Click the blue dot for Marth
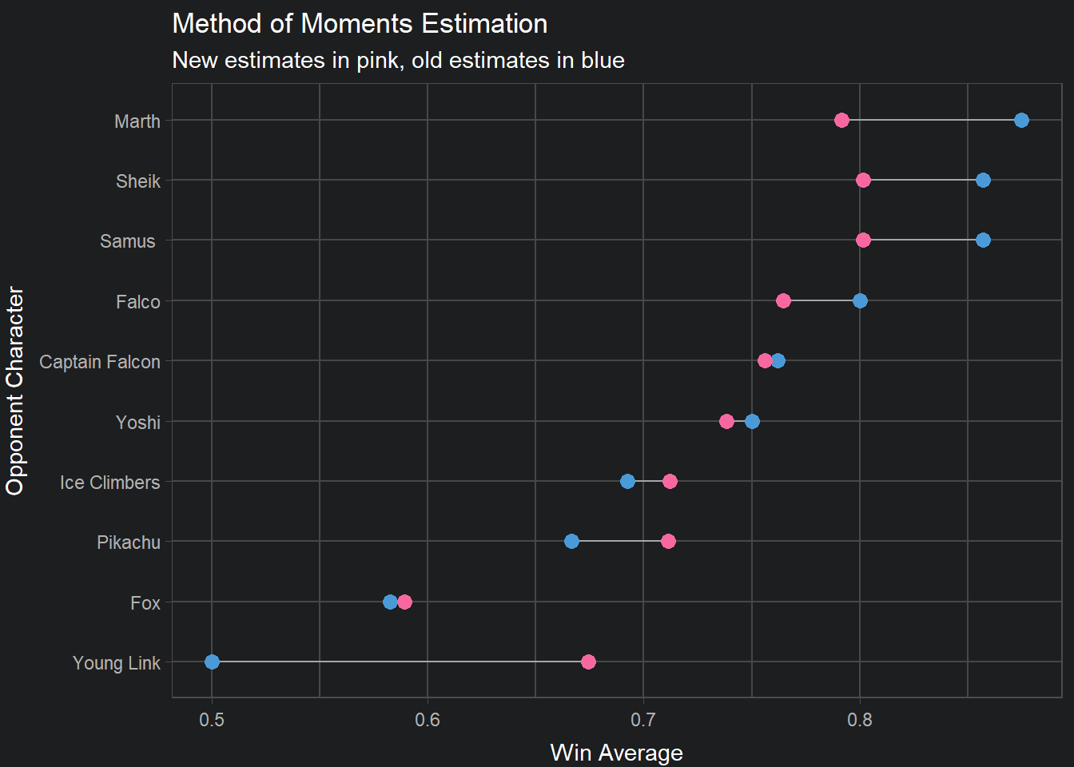1021,121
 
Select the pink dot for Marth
841,121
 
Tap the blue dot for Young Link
212,662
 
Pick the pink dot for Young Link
588,662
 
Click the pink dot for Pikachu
668,542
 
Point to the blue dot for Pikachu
571,542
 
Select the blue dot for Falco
860,301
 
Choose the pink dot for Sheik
863,181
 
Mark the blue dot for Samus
983,240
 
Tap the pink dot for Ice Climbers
670,481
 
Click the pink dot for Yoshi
726,421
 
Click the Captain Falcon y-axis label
100,362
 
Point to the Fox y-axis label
145,603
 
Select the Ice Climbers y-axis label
110,483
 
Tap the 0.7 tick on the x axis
643,720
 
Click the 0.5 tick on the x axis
212,720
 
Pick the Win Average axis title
616,753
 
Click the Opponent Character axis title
15,391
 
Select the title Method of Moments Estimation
360,24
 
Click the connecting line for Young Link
400,662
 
